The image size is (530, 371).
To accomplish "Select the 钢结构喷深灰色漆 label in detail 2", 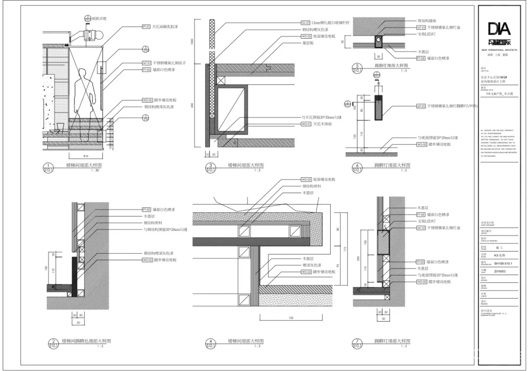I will (x=162, y=253).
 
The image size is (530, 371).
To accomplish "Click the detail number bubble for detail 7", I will (x=358, y=343).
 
